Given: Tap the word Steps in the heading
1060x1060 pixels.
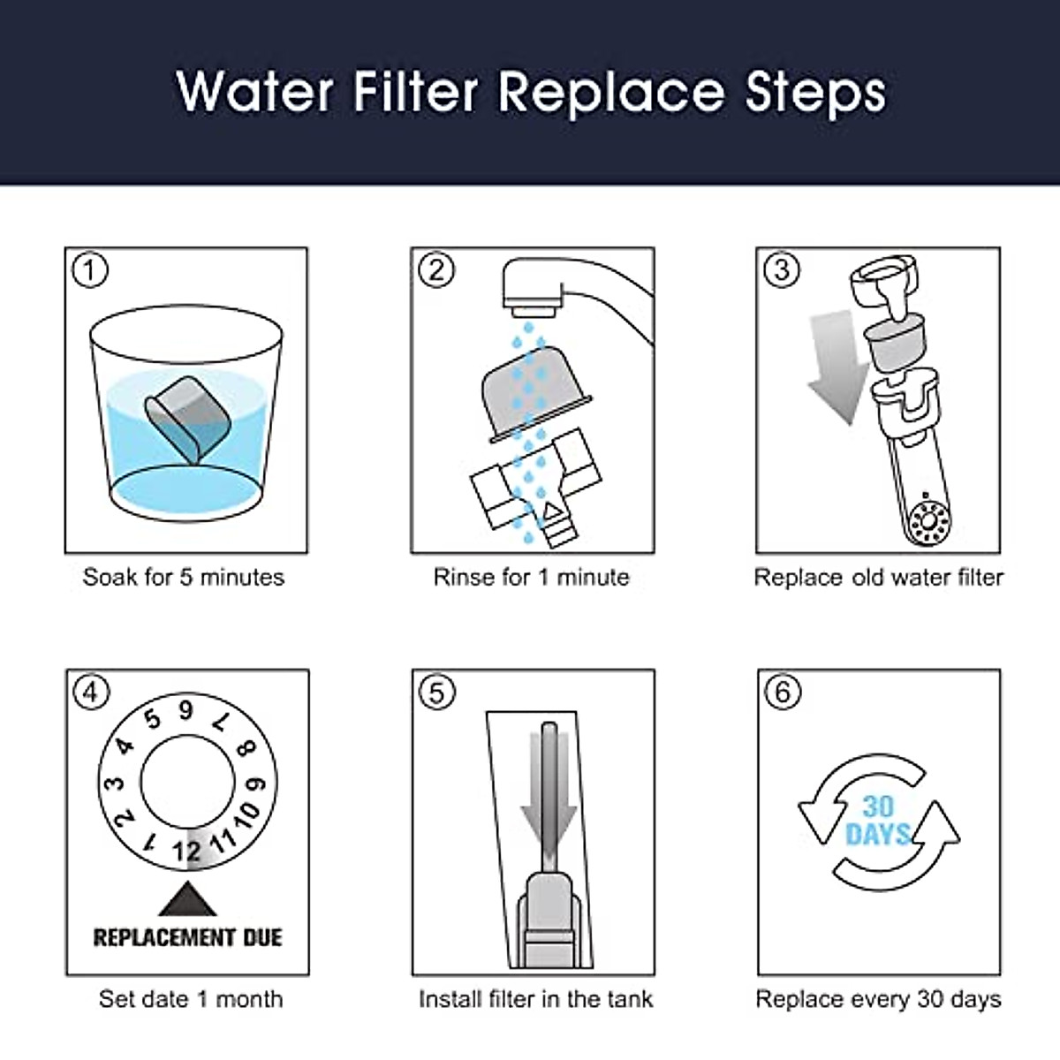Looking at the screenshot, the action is pos(814,95).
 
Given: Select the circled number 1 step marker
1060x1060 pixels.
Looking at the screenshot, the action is pos(90,270).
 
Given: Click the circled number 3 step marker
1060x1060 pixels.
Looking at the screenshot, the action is pos(782,270).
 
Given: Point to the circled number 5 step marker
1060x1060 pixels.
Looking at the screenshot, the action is pos(436,693).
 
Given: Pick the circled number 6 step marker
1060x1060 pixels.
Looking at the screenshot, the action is pos(783,693).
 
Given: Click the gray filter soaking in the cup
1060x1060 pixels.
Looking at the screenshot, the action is pos(187,420).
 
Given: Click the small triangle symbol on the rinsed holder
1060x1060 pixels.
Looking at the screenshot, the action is pos(552,511).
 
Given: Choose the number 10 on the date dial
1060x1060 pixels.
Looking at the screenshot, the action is pos(247,814).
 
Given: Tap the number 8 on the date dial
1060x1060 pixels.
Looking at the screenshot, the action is pos(246,749).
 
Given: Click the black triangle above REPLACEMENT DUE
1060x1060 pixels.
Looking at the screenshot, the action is pos(187,899).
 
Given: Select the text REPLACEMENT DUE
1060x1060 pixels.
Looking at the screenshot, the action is pos(187,937).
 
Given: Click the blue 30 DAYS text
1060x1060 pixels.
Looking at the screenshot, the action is pos(878,821).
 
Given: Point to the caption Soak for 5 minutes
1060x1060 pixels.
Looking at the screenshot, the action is pos(184,578).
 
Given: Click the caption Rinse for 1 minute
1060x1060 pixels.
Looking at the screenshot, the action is pos(532,578).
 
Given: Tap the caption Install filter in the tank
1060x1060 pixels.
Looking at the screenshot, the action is pos(536,999).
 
